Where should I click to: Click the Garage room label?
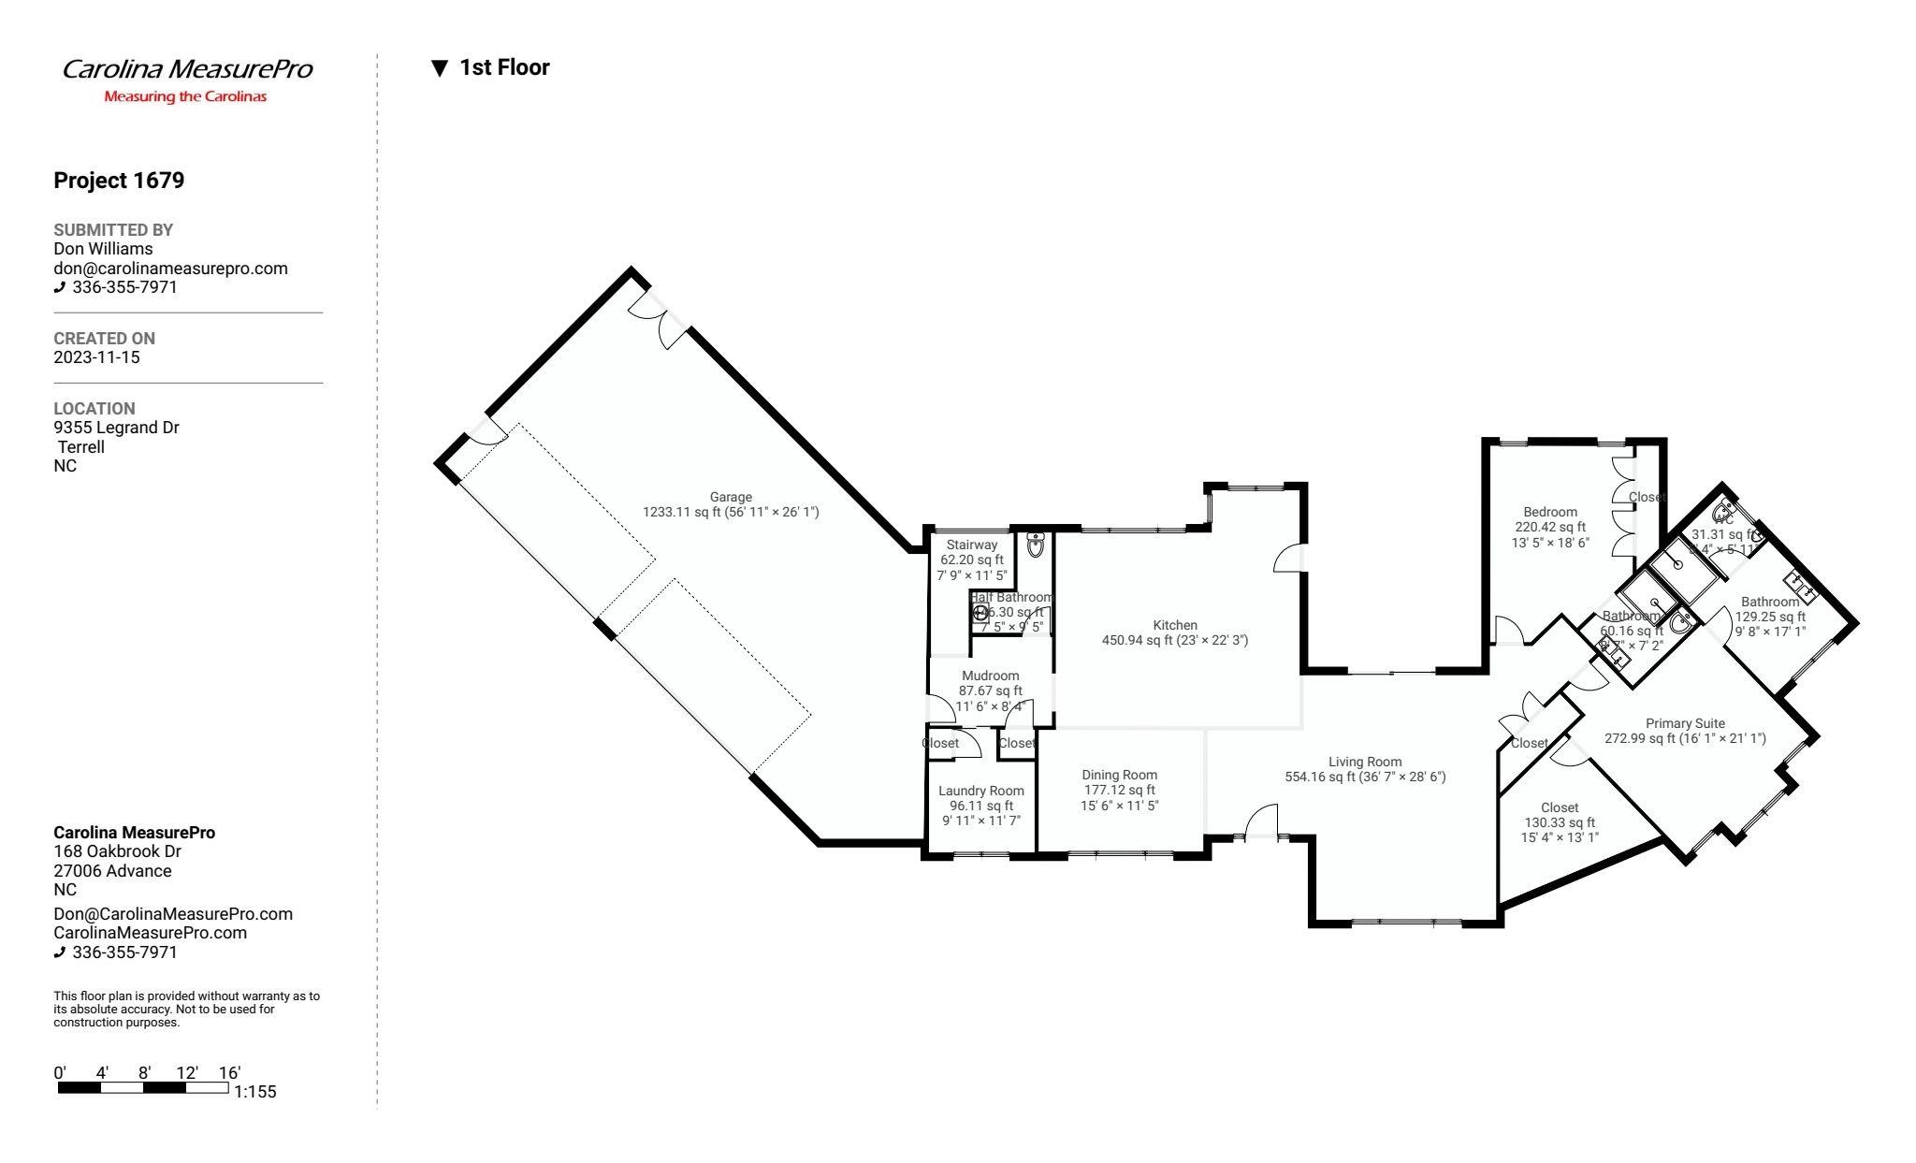click(x=730, y=497)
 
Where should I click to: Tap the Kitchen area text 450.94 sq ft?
click(x=1174, y=641)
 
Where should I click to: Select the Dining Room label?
click(x=1119, y=775)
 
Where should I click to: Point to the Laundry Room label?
click(x=980, y=791)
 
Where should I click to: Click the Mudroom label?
click(x=990, y=676)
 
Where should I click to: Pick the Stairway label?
click(x=971, y=545)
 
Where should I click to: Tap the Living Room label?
click(x=1365, y=762)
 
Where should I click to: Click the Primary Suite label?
click(x=1684, y=723)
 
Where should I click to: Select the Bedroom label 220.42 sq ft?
click(x=1550, y=527)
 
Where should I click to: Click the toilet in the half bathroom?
click(x=1036, y=545)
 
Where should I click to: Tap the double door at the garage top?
click(x=660, y=318)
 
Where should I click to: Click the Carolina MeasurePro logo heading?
click(x=187, y=69)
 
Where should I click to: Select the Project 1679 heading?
click(x=119, y=181)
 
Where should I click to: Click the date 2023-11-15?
click(x=96, y=357)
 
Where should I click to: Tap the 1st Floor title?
click(x=503, y=67)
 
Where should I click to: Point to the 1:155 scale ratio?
click(x=254, y=1092)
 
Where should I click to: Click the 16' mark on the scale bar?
click(x=229, y=1073)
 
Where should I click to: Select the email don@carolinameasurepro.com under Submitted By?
click(x=170, y=269)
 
